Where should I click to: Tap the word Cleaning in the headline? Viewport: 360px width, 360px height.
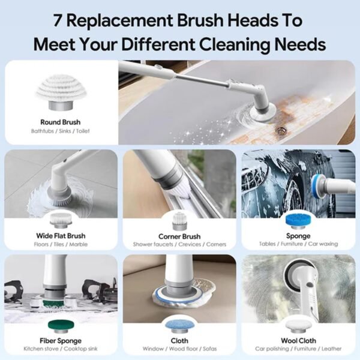[238, 44]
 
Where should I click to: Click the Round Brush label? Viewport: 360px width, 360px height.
[60, 122]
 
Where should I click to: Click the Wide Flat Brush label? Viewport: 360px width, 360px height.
[60, 236]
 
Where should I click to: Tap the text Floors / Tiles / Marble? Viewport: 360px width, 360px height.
[60, 244]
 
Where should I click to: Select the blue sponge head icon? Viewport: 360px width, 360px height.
[298, 219]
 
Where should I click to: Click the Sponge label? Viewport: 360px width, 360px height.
[298, 236]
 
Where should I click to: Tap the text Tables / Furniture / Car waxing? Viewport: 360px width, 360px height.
[298, 244]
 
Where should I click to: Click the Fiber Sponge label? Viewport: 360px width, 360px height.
[59, 340]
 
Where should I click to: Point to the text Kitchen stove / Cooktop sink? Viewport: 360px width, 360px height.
[59, 348]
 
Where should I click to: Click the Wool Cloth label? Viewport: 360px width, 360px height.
[298, 340]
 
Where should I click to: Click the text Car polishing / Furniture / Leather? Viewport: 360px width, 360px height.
[298, 348]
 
